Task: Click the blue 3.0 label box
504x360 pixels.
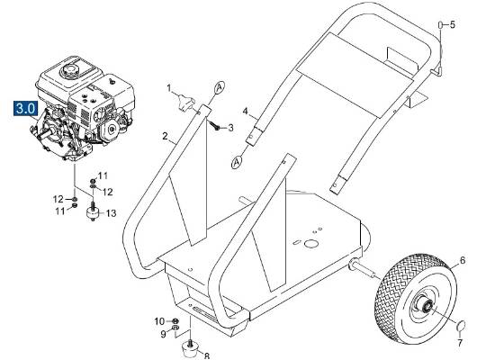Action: pos(24,108)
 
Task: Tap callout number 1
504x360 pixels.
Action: pos(168,87)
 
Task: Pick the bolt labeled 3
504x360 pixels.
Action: pos(217,126)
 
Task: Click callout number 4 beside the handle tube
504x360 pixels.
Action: pos(244,112)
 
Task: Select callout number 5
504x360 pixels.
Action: pos(453,24)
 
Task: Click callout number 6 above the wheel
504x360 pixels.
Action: pos(463,262)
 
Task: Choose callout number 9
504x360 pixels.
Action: pos(163,335)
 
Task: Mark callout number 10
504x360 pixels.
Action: pos(158,321)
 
